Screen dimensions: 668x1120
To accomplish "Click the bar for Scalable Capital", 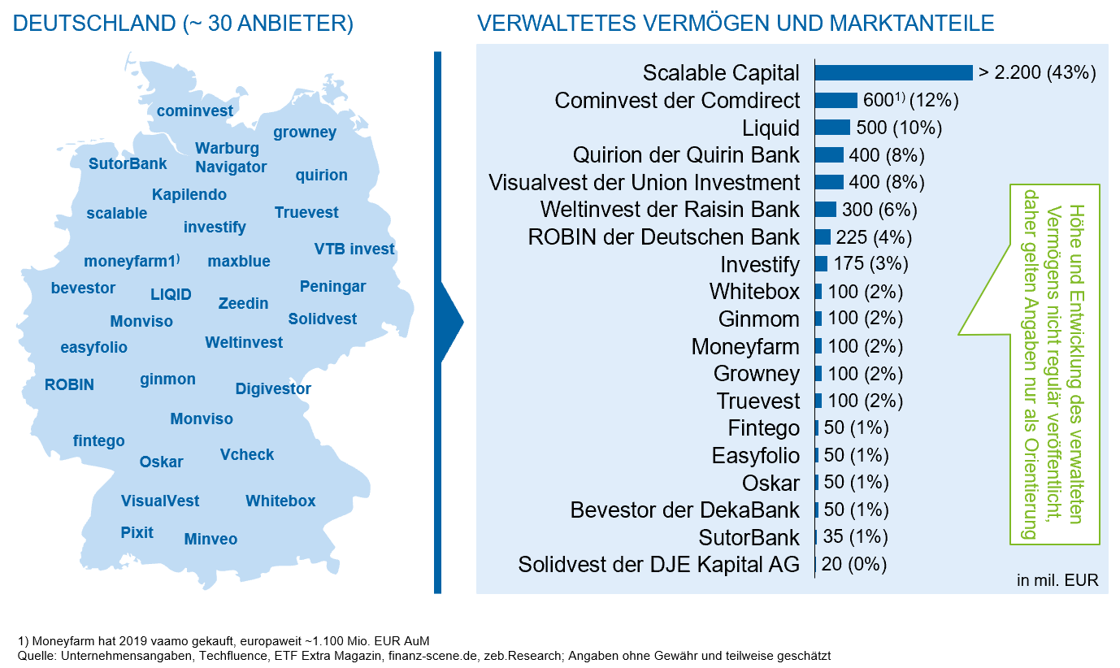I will pyautogui.click(x=893, y=73).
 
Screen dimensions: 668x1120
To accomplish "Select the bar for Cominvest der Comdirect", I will pyautogui.click(x=836, y=100).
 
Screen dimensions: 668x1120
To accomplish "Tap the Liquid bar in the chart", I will pyautogui.click(x=832, y=128).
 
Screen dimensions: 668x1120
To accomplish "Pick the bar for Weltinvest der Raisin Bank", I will pyautogui.click(x=825, y=210).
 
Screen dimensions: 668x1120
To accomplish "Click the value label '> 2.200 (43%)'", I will pyautogui.click(x=1037, y=73).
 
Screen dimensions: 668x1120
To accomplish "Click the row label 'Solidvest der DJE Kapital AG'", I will pyautogui.click(x=658, y=564).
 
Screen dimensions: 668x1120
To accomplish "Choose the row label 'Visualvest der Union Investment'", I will pyautogui.click(x=644, y=182).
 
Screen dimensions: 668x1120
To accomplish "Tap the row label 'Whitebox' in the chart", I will pyautogui.click(x=754, y=291).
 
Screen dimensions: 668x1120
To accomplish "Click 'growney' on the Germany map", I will pyautogui.click(x=305, y=132).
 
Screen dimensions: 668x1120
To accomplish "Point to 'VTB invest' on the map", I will pyautogui.click(x=354, y=249).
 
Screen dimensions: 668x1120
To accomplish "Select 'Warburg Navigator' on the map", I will pyautogui.click(x=231, y=158).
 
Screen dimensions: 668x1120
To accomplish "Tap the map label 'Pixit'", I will pyautogui.click(x=137, y=533).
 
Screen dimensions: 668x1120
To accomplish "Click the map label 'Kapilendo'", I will pyautogui.click(x=189, y=195).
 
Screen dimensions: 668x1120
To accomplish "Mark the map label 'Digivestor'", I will pyautogui.click(x=273, y=389).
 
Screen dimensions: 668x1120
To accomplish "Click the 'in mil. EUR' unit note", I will pyautogui.click(x=1057, y=580).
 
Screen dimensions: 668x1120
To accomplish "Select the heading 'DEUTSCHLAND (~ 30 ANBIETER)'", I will pyautogui.click(x=184, y=24).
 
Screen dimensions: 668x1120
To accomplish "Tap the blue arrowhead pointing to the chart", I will pyautogui.click(x=451, y=323).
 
